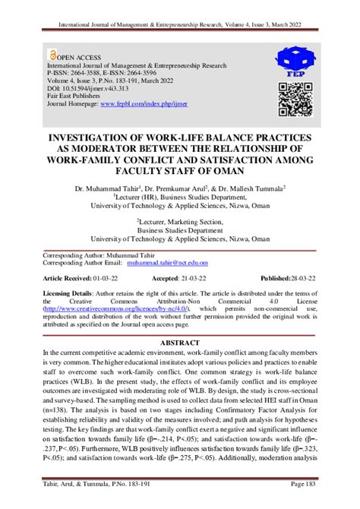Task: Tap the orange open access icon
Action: [x=51, y=55]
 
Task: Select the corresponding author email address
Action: [x=167, y=262]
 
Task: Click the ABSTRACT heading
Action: [x=179, y=343]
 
